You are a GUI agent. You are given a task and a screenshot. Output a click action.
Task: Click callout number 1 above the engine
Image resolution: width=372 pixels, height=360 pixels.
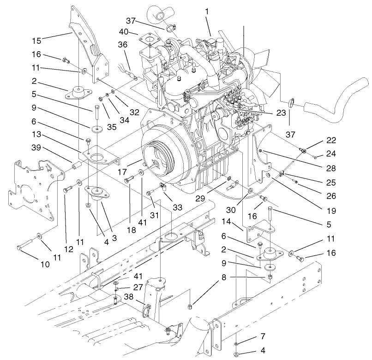207,10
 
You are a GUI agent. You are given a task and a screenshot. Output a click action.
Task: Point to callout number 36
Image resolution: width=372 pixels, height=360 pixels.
122,44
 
